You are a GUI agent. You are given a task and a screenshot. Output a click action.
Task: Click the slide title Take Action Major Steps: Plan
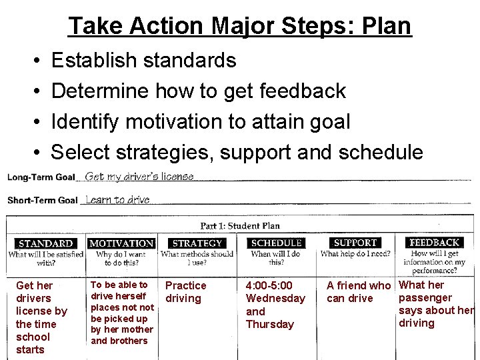(239, 26)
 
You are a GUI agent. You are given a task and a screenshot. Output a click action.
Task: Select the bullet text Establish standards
(143, 61)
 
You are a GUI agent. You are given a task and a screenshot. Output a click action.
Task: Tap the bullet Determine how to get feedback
(198, 91)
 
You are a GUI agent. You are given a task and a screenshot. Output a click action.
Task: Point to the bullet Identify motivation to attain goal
(200, 121)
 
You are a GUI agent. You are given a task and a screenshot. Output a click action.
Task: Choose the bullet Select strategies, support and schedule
(237, 152)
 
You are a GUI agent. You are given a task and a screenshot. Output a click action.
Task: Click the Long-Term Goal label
(41, 177)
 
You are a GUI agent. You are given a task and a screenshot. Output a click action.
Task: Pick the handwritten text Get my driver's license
(140, 177)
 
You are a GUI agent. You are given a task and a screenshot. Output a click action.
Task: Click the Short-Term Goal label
(43, 200)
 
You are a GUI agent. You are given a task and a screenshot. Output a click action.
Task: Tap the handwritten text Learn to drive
(118, 199)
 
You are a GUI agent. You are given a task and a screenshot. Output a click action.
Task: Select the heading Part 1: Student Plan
(240, 226)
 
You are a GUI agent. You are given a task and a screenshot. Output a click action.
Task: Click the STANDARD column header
(45, 243)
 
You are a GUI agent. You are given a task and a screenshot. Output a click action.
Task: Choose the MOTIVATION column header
(121, 243)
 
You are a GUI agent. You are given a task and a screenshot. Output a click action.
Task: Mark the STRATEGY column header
(197, 243)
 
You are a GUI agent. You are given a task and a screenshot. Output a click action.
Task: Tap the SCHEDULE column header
(276, 243)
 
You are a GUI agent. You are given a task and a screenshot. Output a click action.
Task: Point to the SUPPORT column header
(355, 243)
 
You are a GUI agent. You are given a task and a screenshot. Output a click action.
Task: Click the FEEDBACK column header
(435, 243)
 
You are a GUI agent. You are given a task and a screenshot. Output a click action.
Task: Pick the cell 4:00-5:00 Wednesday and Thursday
(275, 305)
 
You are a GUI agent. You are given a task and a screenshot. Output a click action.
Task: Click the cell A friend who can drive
(358, 292)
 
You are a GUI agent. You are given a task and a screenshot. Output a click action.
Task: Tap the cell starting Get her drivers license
(41, 317)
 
